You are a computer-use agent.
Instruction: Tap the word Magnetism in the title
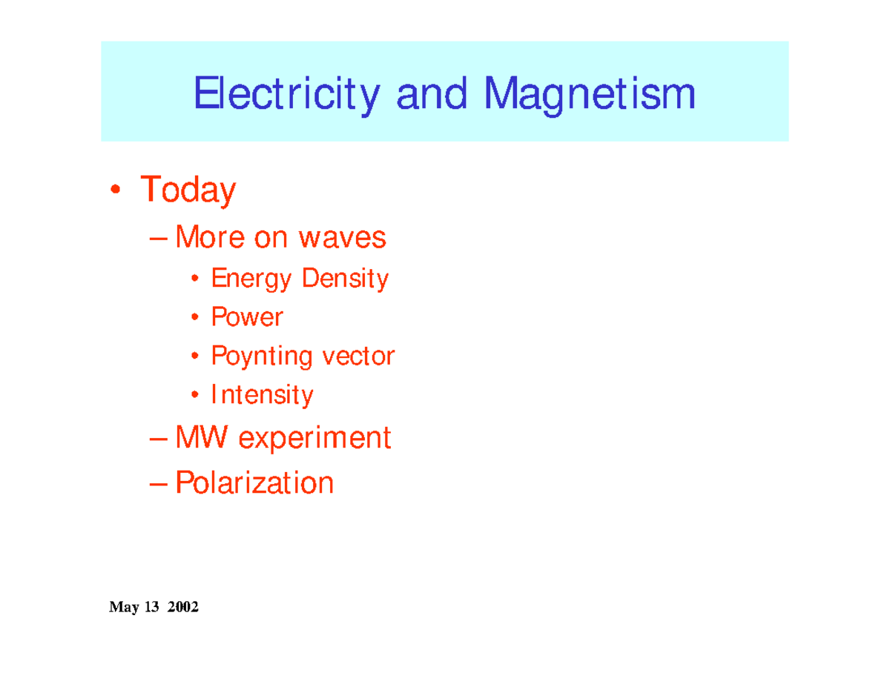pyautogui.click(x=590, y=96)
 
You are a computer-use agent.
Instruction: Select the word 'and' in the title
pyautogui.click(x=432, y=96)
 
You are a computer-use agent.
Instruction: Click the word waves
pyautogui.click(x=342, y=238)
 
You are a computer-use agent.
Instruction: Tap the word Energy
pyautogui.click(x=251, y=279)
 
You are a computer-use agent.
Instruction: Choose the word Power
pyautogui.click(x=247, y=317)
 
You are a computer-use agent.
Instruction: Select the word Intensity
pyautogui.click(x=262, y=395)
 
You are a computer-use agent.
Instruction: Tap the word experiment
pyautogui.click(x=314, y=439)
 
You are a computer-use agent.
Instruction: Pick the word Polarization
pyautogui.click(x=254, y=483)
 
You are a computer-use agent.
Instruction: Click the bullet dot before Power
pyautogui.click(x=194, y=318)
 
